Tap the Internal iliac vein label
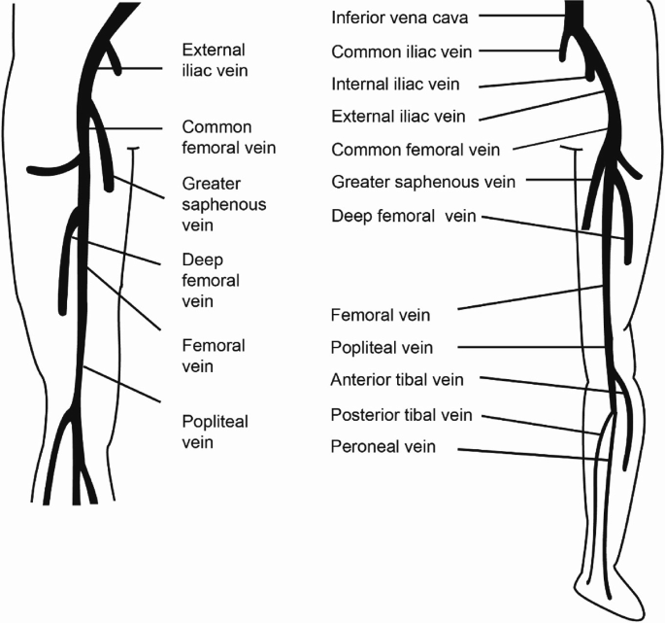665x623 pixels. [394, 85]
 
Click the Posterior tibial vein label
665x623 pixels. [402, 415]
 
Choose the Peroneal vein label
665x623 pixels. [384, 447]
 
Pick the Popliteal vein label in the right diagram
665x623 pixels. [382, 347]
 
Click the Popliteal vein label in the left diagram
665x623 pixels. [215, 432]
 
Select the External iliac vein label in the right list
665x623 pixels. [398, 117]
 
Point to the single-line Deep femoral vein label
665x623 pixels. [403, 215]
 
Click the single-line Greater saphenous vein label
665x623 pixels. [422, 182]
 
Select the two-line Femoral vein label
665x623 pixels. [214, 356]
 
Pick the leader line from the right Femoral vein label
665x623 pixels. [529, 298]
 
